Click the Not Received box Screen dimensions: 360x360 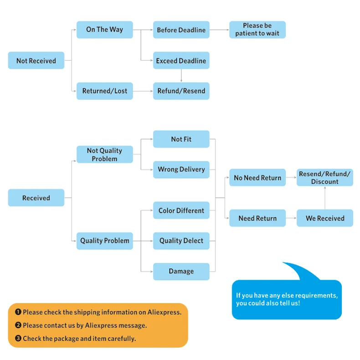pos(36,61)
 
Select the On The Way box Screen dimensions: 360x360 pos(104,30)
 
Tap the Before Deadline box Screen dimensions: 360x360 pos(181,30)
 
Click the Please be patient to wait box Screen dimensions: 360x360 pos(257,30)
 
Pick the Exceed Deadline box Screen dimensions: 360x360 pos(181,61)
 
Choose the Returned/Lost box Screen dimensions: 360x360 pos(104,91)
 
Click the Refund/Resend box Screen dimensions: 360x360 pos(181,91)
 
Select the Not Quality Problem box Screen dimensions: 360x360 pos(104,154)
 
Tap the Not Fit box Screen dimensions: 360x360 pos(181,139)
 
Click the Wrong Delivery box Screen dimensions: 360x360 pos(181,170)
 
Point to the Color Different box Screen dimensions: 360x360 pos(181,211)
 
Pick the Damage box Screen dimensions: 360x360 pos(181,271)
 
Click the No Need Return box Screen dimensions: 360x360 pos(257,178)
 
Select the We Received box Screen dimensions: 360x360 pos(325,218)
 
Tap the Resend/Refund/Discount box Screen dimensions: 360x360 pos(325,178)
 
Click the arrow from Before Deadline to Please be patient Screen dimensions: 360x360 pos(219,30)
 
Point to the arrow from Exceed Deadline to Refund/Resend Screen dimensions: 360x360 pos(181,76)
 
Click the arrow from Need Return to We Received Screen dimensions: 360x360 pos(291,218)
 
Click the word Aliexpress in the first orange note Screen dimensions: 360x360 pos(164,312)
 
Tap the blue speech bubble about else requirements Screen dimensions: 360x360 pos(287,299)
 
